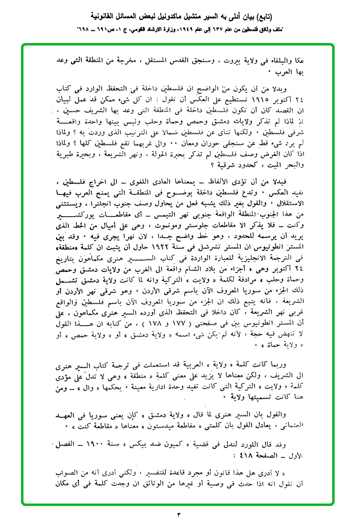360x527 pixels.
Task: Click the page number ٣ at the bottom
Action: [179, 515]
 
